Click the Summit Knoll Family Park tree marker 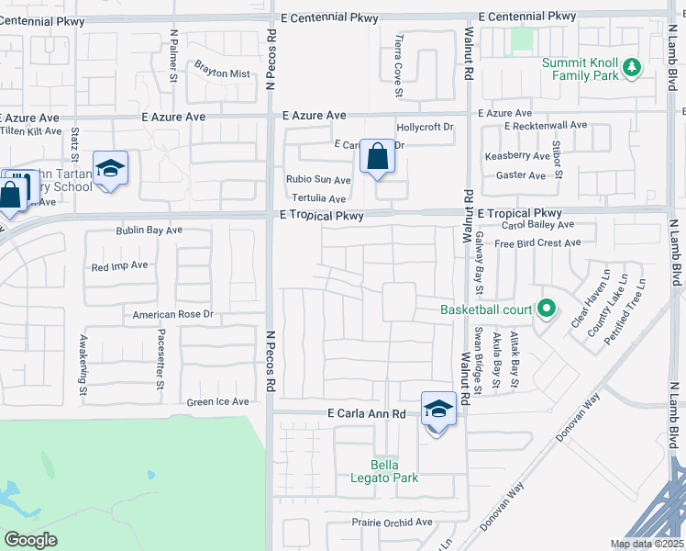[x=631, y=67]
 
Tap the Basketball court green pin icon [x=547, y=309]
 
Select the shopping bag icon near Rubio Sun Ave [x=377, y=157]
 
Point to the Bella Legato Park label [x=384, y=470]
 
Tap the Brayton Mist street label [x=221, y=73]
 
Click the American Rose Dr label [x=172, y=314]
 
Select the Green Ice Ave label [x=217, y=401]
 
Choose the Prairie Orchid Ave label [x=392, y=522]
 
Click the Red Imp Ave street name [x=119, y=265]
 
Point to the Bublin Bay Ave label [x=149, y=230]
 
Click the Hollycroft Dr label [x=425, y=128]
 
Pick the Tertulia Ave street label [x=318, y=198]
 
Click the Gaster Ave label [x=520, y=174]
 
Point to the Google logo [x=30, y=539]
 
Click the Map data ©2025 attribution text [x=647, y=544]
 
